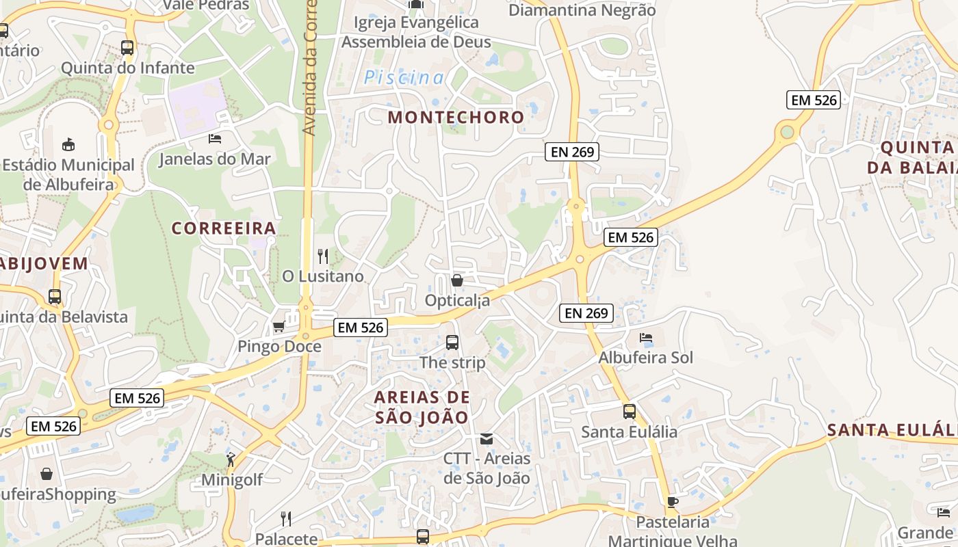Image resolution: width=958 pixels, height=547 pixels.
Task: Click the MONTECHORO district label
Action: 456,117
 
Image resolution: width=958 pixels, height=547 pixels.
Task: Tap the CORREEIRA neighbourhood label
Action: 224,228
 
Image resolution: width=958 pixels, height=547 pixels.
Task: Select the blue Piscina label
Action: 404,78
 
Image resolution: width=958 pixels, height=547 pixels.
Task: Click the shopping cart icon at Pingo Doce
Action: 279,326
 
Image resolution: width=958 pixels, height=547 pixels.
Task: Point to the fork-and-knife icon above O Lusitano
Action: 323,256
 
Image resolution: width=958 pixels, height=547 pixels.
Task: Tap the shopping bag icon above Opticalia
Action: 457,280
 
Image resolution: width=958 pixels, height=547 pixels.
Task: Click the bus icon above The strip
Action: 452,343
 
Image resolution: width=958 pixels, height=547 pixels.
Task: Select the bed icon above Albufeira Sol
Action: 646,338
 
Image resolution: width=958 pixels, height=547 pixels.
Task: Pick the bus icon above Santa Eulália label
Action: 630,412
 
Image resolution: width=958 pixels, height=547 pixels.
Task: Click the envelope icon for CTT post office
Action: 487,438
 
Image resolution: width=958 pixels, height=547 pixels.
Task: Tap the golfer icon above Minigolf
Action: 231,459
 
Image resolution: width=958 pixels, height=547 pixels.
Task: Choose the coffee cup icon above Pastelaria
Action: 673,503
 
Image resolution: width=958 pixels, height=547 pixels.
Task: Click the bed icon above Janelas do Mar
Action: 215,139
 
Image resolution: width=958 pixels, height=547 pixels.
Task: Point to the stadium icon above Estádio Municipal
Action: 68,144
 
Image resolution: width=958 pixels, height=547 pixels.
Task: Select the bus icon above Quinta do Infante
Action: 127,48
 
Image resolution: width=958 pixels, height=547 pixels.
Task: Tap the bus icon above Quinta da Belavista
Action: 55,297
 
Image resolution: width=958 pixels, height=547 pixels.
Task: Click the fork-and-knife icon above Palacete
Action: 286,519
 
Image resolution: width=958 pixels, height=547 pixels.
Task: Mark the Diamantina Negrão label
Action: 582,10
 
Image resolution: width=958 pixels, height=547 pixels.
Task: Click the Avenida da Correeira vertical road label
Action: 310,68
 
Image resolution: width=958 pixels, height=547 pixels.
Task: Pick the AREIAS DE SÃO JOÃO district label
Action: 422,407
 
